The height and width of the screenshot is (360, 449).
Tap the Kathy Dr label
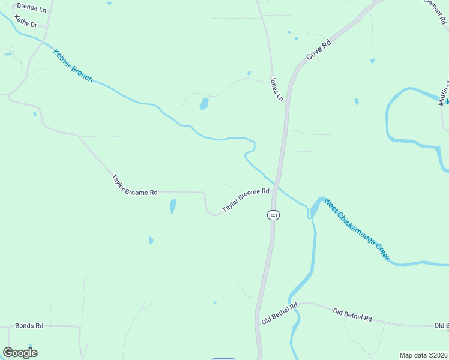coord(26,24)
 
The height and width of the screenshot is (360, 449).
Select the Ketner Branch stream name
coord(73,65)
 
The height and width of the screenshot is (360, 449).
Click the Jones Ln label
coord(276,88)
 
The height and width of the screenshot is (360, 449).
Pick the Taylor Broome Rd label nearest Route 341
coord(246,200)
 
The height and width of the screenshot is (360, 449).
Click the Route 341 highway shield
coord(273,215)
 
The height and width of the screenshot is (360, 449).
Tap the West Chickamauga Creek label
coord(357,230)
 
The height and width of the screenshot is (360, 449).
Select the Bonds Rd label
coord(29,326)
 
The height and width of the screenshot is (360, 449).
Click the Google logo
coord(20,353)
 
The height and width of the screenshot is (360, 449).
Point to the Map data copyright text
coord(423,355)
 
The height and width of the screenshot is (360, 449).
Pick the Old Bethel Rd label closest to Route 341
coord(280,314)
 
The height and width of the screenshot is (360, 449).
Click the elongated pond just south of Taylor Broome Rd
coord(173,206)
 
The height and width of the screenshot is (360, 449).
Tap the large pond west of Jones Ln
coord(204,104)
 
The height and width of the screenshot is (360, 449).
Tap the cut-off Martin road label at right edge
coord(443,94)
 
